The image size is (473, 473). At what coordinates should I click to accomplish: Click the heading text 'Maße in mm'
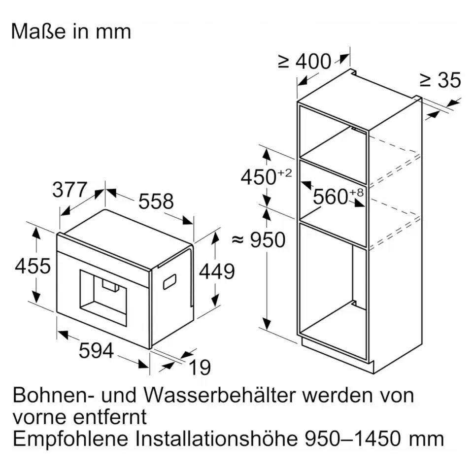71,32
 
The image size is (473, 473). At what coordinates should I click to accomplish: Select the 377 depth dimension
70,190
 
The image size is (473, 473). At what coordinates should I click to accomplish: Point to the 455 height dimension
33,266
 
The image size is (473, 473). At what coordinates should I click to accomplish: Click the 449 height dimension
217,271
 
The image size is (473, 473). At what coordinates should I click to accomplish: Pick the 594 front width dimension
96,350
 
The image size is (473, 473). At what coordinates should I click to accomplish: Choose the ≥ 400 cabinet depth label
304,62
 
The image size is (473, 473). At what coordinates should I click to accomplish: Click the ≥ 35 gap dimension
440,80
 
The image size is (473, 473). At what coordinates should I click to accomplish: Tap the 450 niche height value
259,177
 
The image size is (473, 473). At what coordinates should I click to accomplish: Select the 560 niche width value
331,197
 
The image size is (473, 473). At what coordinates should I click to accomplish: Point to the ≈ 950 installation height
259,240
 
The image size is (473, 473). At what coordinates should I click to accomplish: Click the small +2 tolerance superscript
284,172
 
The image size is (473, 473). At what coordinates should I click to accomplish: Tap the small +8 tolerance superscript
357,192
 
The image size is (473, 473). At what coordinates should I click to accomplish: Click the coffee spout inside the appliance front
110,286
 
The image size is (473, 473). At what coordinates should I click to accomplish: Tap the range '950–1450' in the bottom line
353,439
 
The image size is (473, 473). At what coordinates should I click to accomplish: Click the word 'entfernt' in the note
110,417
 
